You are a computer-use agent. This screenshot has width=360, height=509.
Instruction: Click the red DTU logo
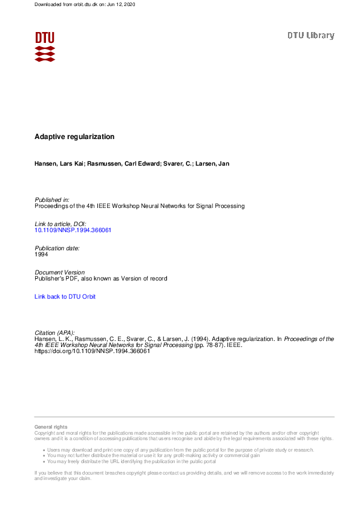pos(45,47)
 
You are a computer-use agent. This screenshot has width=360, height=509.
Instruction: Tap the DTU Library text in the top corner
pos(310,36)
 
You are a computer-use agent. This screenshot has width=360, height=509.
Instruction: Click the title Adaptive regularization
pos(74,137)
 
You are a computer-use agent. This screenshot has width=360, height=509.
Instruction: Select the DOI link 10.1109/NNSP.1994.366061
pos(73,230)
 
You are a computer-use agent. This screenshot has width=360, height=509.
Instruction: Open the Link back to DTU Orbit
pos(65,297)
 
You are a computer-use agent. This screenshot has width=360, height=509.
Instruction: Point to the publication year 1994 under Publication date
pos(41,254)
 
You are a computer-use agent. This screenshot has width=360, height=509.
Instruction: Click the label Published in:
pos(52,199)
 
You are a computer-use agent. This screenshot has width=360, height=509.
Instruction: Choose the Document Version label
pos(60,273)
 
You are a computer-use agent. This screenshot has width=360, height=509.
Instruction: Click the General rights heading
pos(51,427)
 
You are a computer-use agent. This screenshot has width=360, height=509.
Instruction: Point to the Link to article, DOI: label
pos(61,224)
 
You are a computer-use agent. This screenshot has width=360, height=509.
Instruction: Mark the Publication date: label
pos(57,248)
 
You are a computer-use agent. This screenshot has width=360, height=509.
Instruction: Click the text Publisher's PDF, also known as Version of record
pos(100,279)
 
